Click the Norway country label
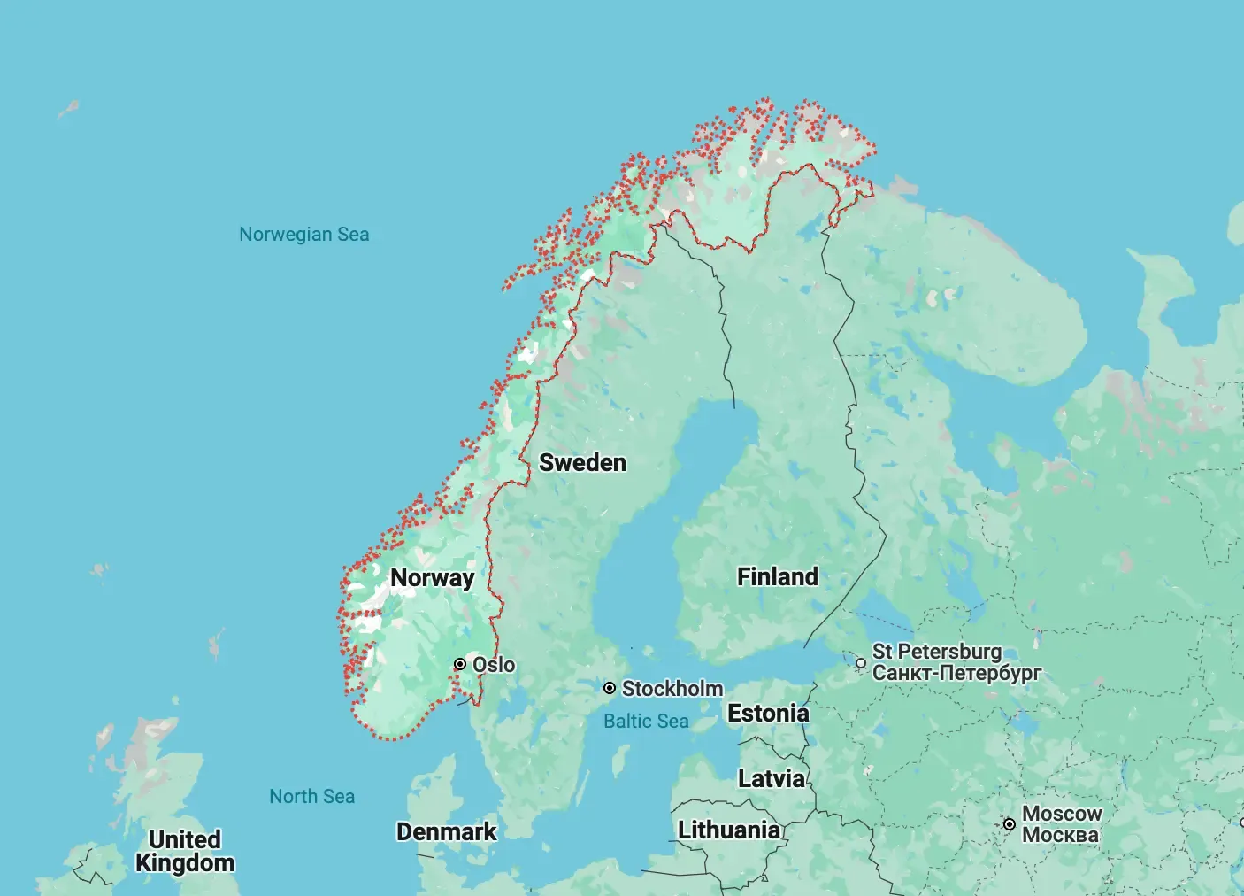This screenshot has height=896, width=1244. pos(432,578)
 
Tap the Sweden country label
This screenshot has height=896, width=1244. pos(582,463)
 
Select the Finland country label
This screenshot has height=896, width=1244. pos(778,577)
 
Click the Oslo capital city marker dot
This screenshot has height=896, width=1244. pos(460,664)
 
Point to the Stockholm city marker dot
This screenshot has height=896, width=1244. pos(610,688)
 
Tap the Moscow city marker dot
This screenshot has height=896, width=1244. pos(1010,824)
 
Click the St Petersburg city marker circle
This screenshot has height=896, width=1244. pos(861,663)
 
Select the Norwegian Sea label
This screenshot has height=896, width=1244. pos(303,235)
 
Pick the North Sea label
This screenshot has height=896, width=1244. pos(311,797)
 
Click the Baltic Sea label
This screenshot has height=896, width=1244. pos(646,722)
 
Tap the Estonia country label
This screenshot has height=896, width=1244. pos(768,714)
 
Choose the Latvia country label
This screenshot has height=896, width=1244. pos(772,779)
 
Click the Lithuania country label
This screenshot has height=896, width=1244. pos(729,830)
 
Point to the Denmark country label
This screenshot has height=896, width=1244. pos(446,832)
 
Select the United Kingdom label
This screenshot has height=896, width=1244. pos(185,852)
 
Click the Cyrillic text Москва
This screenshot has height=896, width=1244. pos(1060,835)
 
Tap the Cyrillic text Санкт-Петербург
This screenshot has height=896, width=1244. pos(956,673)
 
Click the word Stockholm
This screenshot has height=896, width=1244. pos(672,689)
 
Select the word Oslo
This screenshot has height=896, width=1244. pos(494,665)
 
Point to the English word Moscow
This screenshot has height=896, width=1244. pos(1062,814)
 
